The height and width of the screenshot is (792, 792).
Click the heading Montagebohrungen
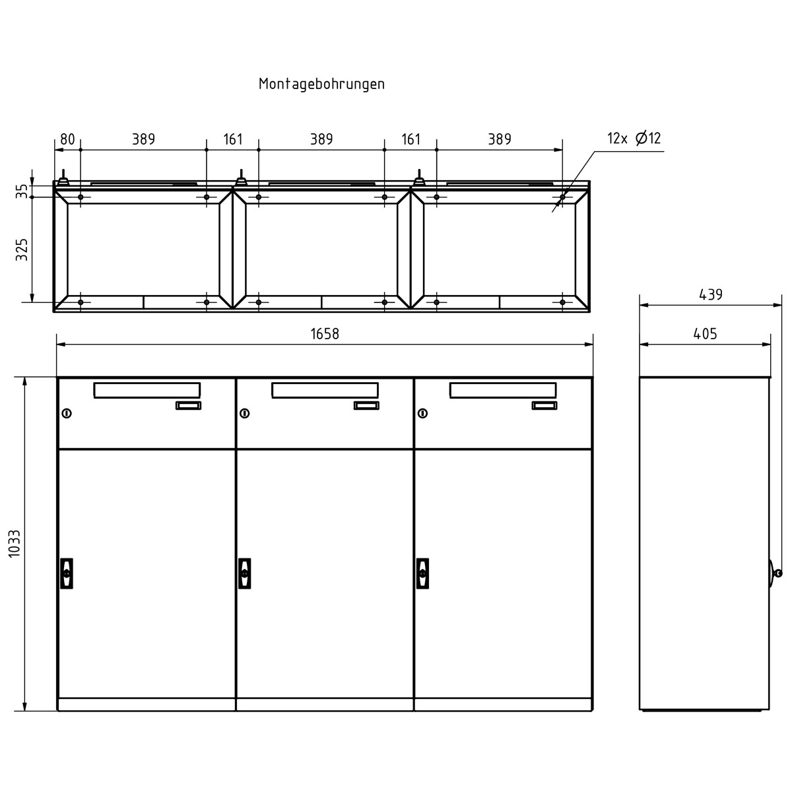pos(321,84)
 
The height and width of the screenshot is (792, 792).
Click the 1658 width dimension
pos(325,334)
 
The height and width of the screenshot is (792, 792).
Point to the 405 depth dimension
pos(705,334)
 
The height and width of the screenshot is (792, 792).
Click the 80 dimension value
pos(67,139)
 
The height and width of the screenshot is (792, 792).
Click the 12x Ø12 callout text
pos(634,139)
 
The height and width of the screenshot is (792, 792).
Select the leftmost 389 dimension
pos(143,139)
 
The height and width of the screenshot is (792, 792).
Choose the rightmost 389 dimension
pos(500,139)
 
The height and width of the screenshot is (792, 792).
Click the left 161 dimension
pos(232,139)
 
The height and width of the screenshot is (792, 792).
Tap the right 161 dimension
pos(411,139)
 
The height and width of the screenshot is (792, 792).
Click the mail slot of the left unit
pos(147,390)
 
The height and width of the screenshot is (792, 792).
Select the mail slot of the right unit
pos(503,390)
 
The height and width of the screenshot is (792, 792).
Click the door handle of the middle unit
pos(245,573)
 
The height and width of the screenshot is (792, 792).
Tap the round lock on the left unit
pos(67,414)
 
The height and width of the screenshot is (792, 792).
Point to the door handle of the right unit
pos(423,573)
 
